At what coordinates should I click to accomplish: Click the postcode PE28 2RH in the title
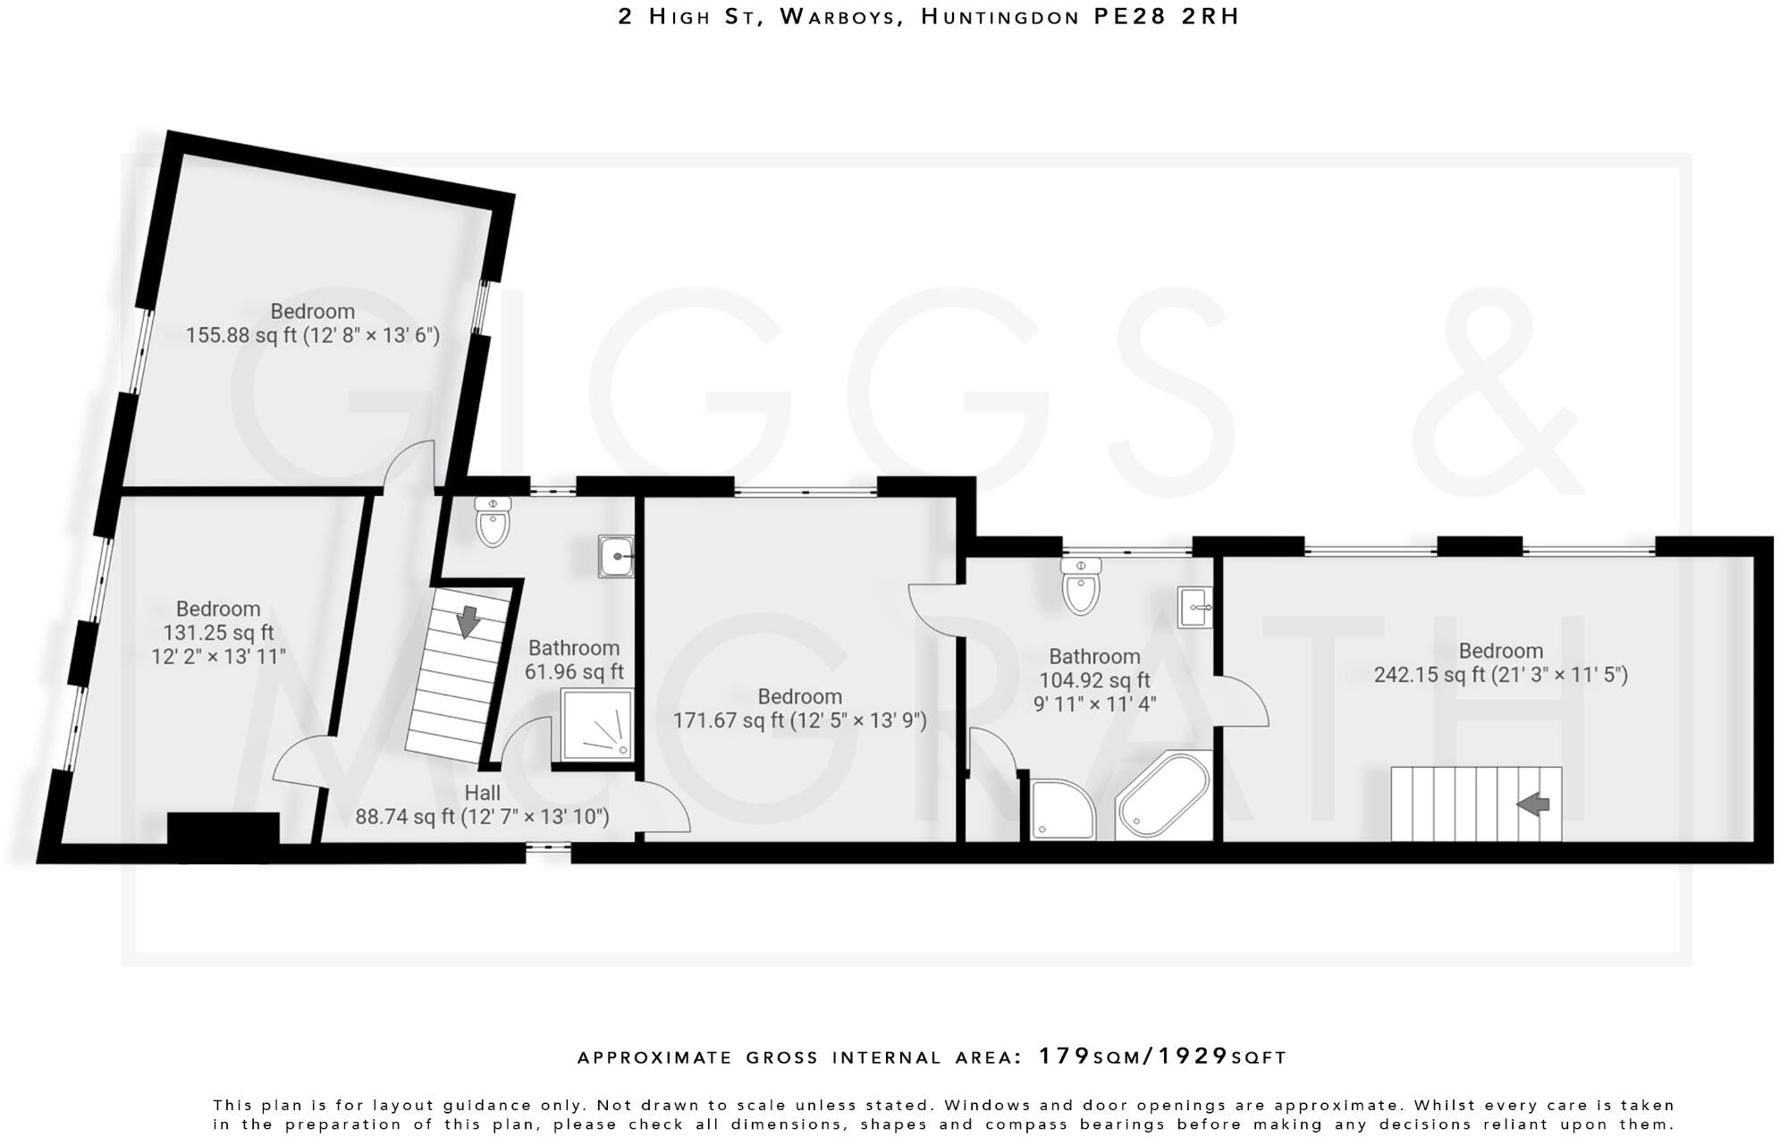coord(1167,17)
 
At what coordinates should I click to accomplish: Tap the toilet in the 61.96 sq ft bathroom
coord(493,523)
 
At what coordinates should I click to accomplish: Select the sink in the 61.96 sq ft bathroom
coord(616,558)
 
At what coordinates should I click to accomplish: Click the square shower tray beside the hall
coord(597,725)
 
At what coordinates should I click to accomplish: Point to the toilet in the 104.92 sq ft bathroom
coord(1081,587)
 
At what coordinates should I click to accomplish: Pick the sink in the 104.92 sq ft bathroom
coord(1194,608)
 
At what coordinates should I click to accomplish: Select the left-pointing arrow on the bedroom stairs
coord(1533,804)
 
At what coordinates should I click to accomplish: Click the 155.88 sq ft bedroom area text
coord(312,336)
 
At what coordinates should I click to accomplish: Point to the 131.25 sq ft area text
coord(218,633)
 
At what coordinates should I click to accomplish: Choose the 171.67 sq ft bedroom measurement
coord(799,720)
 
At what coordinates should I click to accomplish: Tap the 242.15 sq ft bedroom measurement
coord(1500,675)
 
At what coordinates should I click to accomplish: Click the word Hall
coord(482,793)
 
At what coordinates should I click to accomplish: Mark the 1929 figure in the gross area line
coord(1194,1057)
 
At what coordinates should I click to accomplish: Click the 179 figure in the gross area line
coord(1064,1057)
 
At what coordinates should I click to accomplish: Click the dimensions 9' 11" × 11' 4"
coord(1094,704)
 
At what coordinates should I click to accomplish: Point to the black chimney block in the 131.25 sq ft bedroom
coord(224,828)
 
